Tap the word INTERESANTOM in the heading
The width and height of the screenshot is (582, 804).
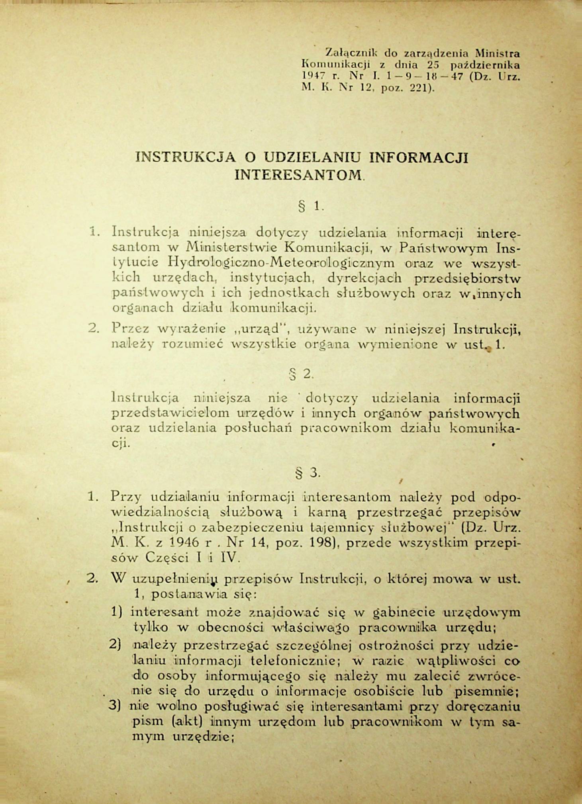(x=298, y=174)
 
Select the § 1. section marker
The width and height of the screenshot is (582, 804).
(x=311, y=206)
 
